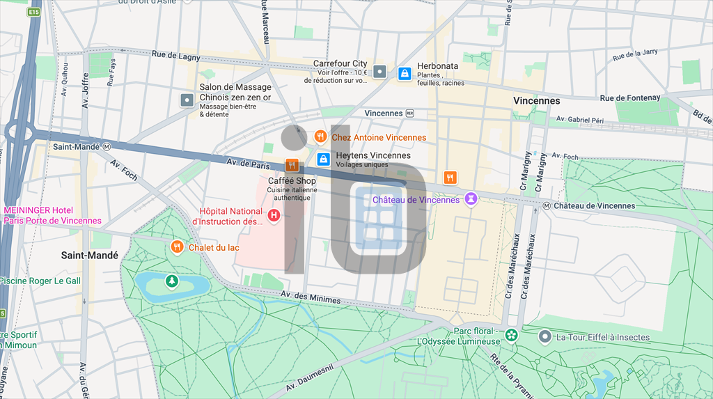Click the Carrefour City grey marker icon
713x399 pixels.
[379, 71]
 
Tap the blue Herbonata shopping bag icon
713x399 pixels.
[404, 74]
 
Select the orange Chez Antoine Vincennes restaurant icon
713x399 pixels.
[321, 137]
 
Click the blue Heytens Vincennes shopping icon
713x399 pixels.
[323, 159]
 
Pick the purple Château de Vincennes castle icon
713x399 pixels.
[471, 199]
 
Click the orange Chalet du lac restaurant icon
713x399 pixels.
[178, 247]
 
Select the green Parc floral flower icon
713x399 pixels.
[511, 336]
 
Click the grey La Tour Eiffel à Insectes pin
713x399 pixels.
[545, 337]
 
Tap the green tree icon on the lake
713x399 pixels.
[171, 281]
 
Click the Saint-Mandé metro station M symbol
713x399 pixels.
[107, 147]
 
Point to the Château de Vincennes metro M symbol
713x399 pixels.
[547, 205]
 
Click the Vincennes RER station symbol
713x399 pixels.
[410, 113]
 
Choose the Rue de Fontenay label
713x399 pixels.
[630, 98]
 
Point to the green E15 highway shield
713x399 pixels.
[33, 13]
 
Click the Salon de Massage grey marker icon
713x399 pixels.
[187, 100]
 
